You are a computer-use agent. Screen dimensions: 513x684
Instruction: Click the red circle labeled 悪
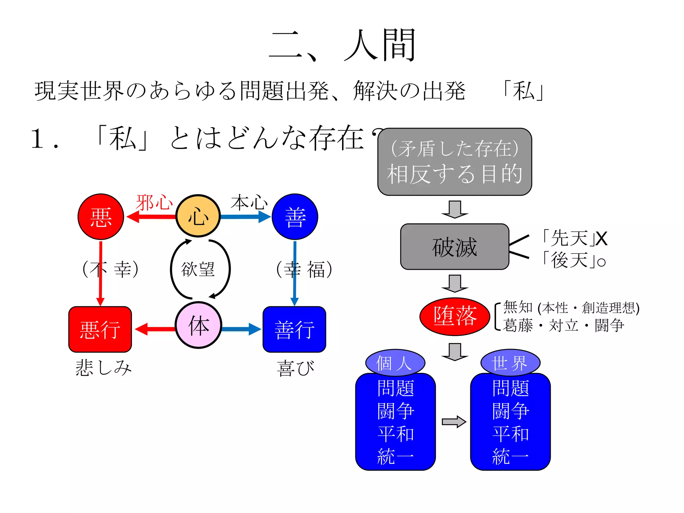click(101, 217)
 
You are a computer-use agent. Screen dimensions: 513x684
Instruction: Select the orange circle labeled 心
click(198, 216)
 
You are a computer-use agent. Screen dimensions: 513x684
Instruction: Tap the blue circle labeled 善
click(295, 217)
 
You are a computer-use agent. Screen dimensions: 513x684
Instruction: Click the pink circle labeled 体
click(198, 325)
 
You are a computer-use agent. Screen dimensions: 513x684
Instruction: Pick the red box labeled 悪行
click(100, 329)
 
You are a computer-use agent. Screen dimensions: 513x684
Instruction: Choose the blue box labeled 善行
click(294, 329)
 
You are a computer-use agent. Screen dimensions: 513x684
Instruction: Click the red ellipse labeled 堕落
click(455, 316)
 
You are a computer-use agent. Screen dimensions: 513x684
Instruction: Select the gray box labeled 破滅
click(455, 247)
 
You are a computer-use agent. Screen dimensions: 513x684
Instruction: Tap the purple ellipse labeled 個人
click(395, 363)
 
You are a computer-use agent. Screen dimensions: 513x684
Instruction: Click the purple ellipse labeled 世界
click(510, 363)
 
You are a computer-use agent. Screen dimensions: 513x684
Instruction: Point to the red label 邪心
click(154, 202)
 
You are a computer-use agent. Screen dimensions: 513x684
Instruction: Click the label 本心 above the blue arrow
click(249, 202)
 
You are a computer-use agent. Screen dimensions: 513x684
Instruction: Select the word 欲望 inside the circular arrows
click(198, 269)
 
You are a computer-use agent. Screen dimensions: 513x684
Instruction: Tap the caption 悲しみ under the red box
click(104, 368)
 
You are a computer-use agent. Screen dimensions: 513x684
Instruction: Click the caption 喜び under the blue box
click(296, 368)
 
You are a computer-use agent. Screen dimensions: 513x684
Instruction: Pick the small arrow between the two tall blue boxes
click(454, 422)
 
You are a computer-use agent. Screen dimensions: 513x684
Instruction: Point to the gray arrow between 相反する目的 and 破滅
click(455, 209)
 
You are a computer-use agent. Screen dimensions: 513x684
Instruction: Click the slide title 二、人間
click(342, 45)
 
